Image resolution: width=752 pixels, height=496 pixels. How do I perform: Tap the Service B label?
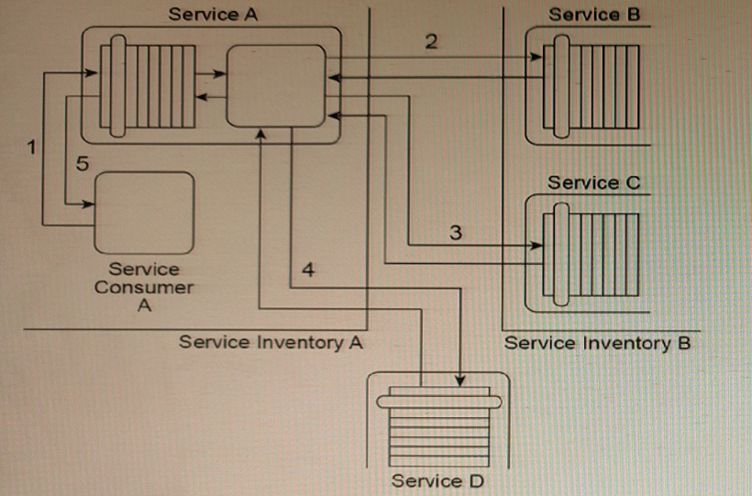tap(594, 15)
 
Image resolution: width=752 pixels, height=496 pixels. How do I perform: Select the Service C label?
tap(594, 182)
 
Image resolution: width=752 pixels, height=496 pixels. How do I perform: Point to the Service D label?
tap(437, 480)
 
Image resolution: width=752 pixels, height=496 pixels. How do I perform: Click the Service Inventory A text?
tap(271, 343)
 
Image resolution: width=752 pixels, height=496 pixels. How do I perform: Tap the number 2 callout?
tap(431, 40)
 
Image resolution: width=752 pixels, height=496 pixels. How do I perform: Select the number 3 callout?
tap(456, 233)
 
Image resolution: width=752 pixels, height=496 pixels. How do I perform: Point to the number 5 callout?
tap(82, 164)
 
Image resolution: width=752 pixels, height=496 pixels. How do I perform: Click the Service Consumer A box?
tap(144, 212)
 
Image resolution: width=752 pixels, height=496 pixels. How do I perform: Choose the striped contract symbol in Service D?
tap(436, 423)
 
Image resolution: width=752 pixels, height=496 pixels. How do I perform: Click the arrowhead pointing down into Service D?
tap(459, 380)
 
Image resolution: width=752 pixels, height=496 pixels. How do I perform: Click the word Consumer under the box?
tap(144, 288)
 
